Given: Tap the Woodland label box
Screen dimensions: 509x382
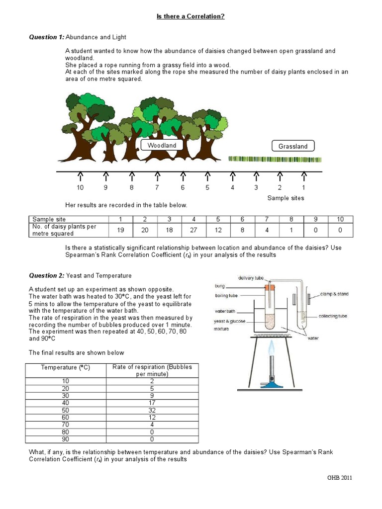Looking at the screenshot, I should pos(162,145).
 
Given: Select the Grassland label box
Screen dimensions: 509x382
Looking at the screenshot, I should pos(293,146).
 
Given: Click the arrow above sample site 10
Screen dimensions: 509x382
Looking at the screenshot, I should pos(80,176).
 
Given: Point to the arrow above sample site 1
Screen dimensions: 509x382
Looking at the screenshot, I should pos(304,176).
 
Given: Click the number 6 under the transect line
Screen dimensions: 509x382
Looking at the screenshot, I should pos(183,187).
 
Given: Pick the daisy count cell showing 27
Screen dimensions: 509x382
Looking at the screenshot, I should pos(194,230).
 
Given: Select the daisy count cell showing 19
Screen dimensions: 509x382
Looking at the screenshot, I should pos(120,230).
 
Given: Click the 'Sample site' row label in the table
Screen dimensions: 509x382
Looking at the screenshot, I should pos(49,219).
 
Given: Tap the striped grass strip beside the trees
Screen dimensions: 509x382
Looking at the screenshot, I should pos(275,159).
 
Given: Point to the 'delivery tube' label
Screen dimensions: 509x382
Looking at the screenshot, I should pos(251,278).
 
